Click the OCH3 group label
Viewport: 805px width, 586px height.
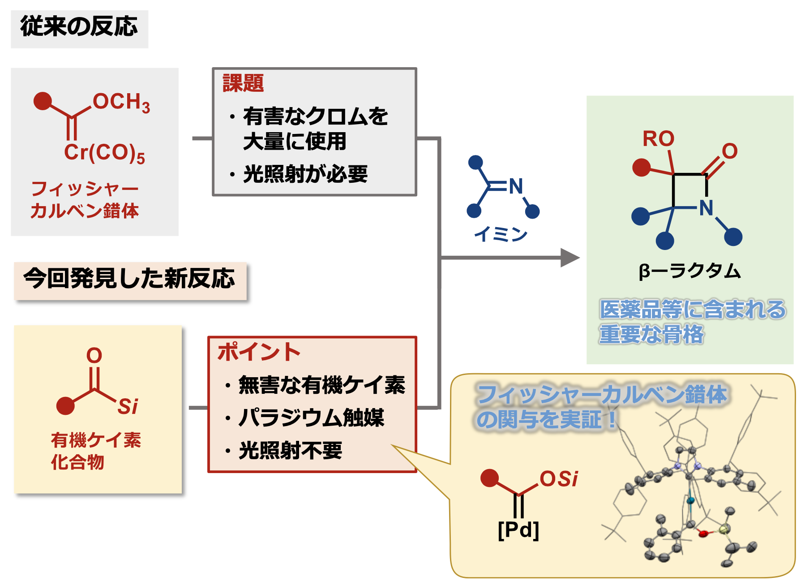(x=121, y=102)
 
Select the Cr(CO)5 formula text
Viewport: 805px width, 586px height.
(x=104, y=153)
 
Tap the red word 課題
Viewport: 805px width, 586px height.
(x=243, y=83)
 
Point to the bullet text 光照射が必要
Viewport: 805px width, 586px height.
(x=305, y=174)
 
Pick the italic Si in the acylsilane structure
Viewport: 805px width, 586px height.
(x=128, y=407)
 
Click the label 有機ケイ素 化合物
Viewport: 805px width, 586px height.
(x=96, y=451)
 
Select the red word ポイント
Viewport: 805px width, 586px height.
(x=259, y=352)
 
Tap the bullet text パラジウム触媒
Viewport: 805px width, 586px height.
(x=311, y=418)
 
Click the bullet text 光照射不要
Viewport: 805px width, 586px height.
(x=291, y=450)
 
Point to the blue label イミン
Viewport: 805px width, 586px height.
(x=501, y=234)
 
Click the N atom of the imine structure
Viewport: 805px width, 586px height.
(x=516, y=186)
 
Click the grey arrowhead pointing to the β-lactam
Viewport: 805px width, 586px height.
(x=569, y=258)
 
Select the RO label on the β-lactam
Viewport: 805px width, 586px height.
(x=658, y=138)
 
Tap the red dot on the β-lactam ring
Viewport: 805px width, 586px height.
(x=641, y=167)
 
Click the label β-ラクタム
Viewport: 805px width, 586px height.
(x=689, y=271)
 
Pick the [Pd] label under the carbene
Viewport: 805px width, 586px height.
(x=518, y=530)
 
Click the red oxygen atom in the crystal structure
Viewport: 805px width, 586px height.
(x=703, y=534)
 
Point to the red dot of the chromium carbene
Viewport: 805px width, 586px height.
(x=43, y=101)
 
